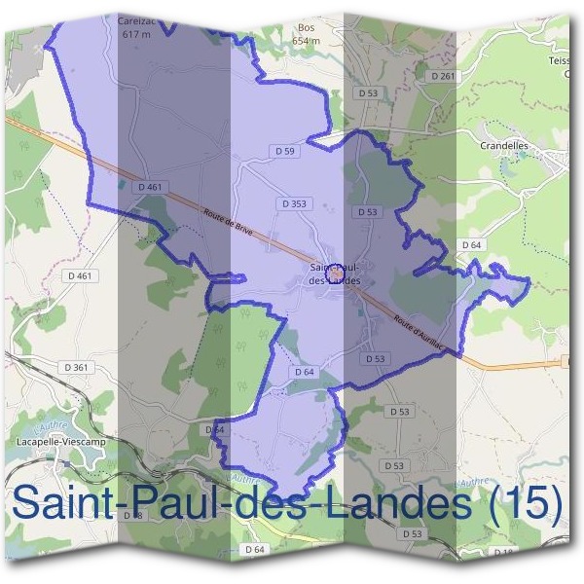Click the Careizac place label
135,19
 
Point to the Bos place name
307,28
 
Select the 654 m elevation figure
307,41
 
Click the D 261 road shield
443,76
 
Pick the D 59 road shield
284,151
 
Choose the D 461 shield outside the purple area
83,275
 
